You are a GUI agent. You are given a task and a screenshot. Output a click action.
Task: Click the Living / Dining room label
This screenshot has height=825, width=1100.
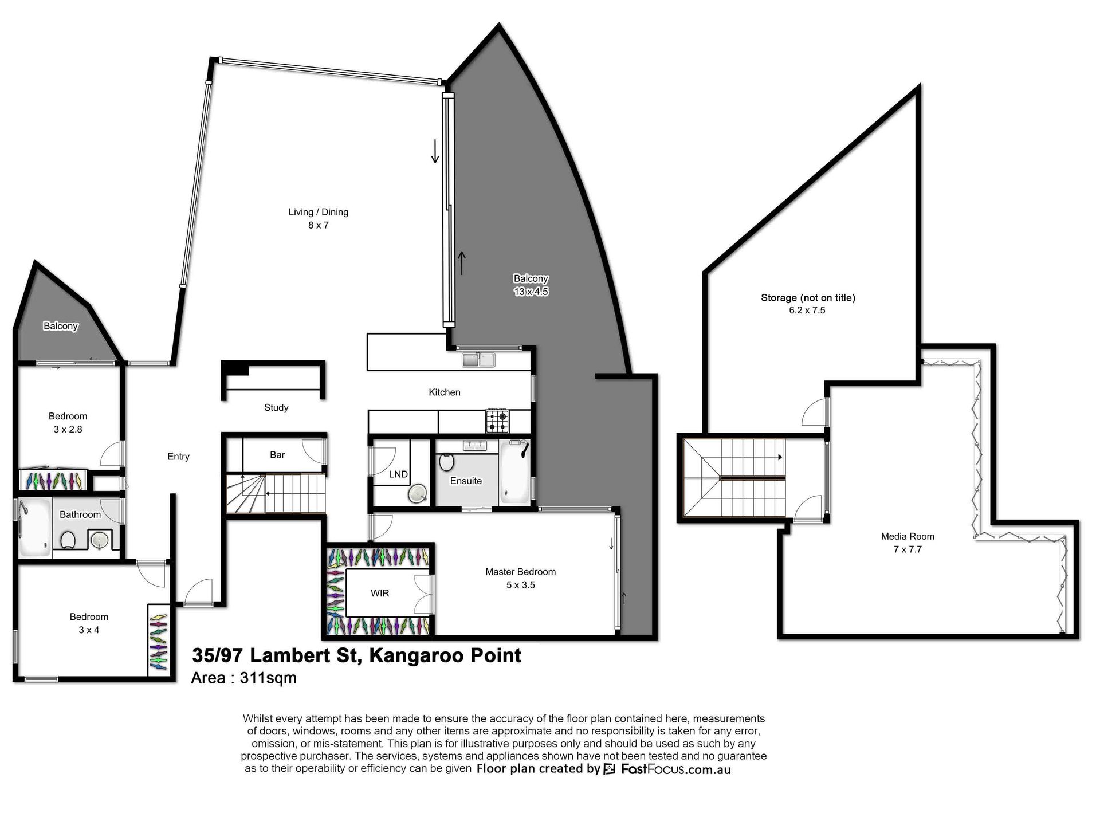click(318, 212)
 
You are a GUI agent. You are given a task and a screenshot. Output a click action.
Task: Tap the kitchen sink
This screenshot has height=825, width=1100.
click(478, 360)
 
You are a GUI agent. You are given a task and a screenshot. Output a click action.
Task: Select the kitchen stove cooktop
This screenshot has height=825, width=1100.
click(497, 421)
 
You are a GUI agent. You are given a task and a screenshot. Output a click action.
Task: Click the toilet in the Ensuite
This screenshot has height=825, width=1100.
click(446, 461)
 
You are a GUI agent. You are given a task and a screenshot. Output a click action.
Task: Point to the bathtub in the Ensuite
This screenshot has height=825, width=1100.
click(514, 472)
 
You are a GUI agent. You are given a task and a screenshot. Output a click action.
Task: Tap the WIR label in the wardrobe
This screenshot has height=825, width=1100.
click(380, 594)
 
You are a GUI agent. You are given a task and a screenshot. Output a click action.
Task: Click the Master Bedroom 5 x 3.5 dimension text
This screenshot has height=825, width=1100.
click(520, 585)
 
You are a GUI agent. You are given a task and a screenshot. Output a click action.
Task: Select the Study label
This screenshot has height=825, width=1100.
click(276, 407)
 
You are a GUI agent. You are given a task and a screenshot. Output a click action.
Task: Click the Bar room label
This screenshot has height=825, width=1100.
click(277, 455)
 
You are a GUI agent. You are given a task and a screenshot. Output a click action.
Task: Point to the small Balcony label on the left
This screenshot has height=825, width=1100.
click(61, 326)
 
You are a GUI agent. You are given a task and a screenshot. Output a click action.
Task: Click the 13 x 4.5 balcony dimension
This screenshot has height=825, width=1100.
click(531, 292)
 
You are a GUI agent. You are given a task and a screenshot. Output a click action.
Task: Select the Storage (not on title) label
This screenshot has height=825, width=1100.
click(808, 298)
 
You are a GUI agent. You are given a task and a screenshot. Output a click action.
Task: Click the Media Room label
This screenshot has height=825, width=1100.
click(907, 536)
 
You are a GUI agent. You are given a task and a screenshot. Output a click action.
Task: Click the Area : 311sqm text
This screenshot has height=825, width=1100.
click(243, 678)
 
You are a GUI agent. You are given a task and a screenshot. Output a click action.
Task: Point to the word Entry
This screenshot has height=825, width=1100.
click(178, 457)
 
